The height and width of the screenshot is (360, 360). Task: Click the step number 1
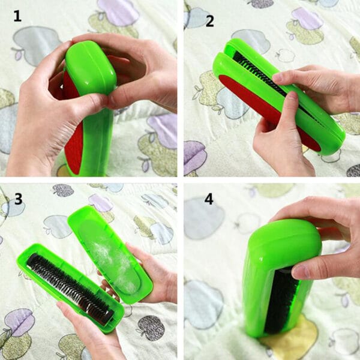coord(17,16)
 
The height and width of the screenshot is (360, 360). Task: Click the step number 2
coord(210,22)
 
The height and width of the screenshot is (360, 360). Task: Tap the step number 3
coord(19,199)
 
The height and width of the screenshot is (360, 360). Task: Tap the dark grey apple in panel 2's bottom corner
coord(353,170)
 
